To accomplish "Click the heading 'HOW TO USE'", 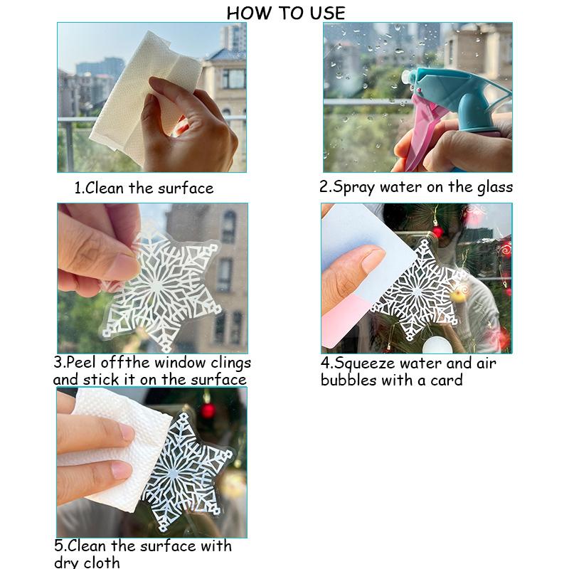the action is pos(286,14).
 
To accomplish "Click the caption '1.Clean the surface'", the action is pos(144,188).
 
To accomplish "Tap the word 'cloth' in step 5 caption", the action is pos(102,562).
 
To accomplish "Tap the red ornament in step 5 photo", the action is pos(208,410).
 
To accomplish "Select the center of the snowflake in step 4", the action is pos(418,291).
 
